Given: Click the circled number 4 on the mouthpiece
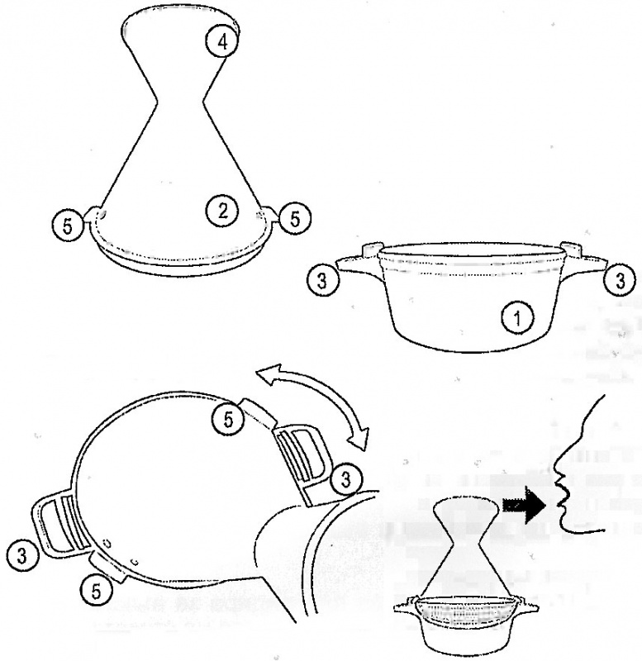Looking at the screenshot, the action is click(x=222, y=42).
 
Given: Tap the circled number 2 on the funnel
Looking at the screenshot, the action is click(x=222, y=211).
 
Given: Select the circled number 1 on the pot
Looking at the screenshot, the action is click(x=517, y=318).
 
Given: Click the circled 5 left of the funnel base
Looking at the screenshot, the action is click(x=68, y=226).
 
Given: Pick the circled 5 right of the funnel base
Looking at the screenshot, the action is click(x=294, y=218).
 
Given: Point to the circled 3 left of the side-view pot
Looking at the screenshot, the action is click(x=322, y=281).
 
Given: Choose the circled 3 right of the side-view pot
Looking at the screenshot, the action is click(x=620, y=281).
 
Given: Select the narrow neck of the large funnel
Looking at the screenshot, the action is click(x=180, y=101).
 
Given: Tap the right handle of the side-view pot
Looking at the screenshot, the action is click(x=584, y=261).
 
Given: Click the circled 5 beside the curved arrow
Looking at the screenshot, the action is click(x=228, y=421).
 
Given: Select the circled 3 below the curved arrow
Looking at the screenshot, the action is click(x=345, y=480).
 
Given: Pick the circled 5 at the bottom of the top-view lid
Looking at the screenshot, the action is click(x=96, y=592).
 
